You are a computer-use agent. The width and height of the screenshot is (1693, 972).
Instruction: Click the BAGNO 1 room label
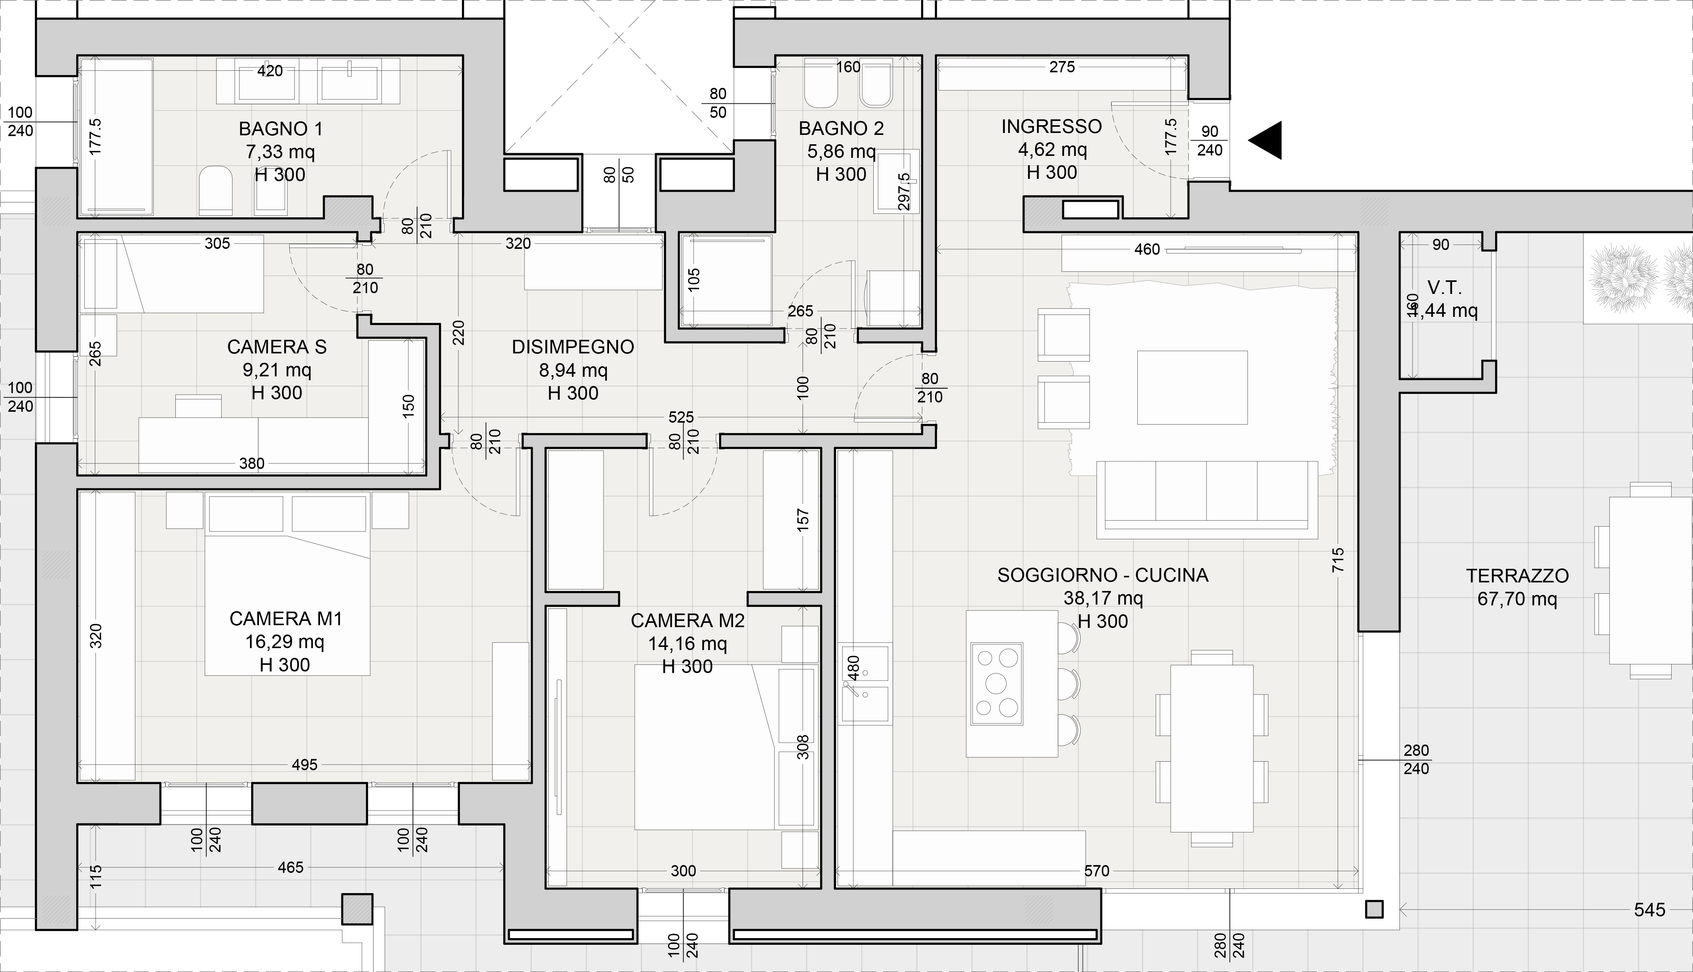(280, 129)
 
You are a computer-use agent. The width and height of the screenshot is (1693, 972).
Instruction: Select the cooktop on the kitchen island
(997, 684)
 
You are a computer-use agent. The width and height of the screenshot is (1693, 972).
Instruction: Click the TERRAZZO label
(1517, 575)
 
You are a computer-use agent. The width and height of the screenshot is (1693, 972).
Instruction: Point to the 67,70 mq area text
(1517, 599)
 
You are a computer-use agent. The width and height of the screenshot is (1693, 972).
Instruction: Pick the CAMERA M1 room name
(286, 619)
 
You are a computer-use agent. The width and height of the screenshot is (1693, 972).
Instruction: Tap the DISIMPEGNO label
(573, 347)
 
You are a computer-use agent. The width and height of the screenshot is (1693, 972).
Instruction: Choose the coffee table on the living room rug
(1192, 387)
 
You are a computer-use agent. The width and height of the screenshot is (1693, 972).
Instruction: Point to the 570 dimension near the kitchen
(1097, 871)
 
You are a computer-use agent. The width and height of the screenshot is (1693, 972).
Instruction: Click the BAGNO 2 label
(841, 128)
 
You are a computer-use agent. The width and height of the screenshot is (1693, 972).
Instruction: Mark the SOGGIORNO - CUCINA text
(1103, 575)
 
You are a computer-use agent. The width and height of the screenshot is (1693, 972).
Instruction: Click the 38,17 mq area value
(1103, 598)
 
